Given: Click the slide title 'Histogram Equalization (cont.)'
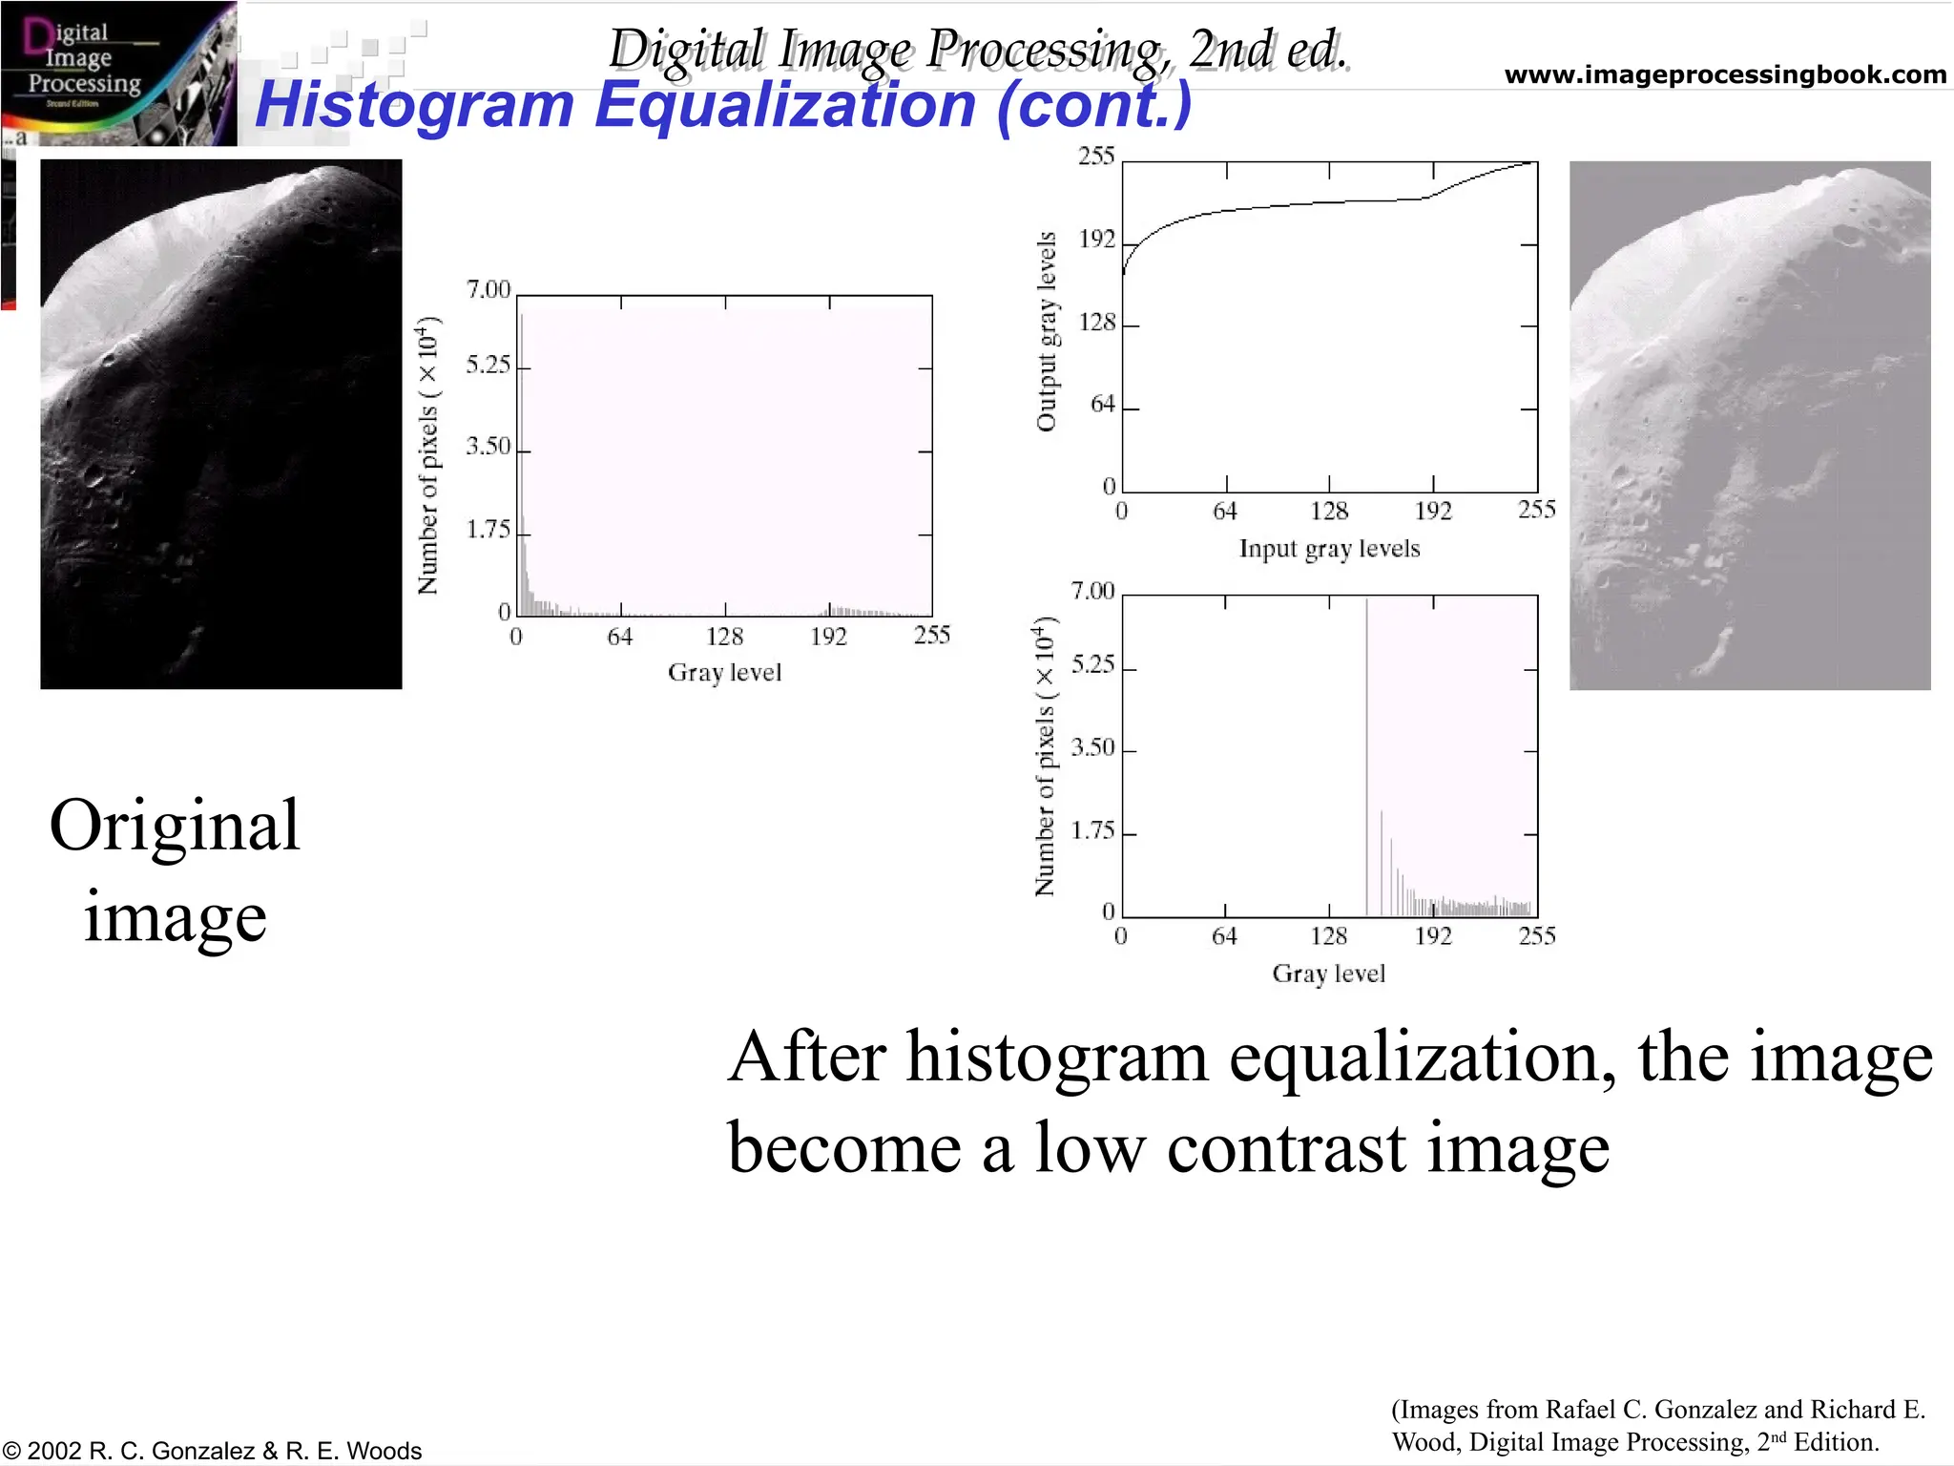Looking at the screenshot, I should pyautogui.click(x=723, y=104).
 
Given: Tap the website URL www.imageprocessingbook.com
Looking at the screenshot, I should pyautogui.click(x=1724, y=74).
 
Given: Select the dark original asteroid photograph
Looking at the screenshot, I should pyautogui.click(x=220, y=424).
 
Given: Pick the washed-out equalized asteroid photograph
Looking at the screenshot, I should pyautogui.click(x=1749, y=426).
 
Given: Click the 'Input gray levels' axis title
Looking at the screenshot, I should pyautogui.click(x=1329, y=549).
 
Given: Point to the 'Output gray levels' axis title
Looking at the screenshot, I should pyautogui.click(x=1047, y=331).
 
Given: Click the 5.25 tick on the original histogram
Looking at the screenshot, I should pyautogui.click(x=488, y=366).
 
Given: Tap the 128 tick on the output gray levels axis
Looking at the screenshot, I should pyautogui.click(x=1096, y=323).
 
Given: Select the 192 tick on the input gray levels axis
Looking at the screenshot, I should pyautogui.click(x=1433, y=512).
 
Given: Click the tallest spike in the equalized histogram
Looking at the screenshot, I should pyautogui.click(x=1366, y=754).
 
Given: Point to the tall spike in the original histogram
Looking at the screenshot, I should pyautogui.click(x=522, y=458).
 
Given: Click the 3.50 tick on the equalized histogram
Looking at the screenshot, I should pyautogui.click(x=1092, y=747).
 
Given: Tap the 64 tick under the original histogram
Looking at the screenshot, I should pyautogui.click(x=620, y=637).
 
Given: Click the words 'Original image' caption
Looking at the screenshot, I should pyautogui.click(x=175, y=869).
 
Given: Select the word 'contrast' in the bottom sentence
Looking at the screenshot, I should pyautogui.click(x=1287, y=1147).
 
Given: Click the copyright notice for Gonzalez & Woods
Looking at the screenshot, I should pyautogui.click(x=212, y=1451).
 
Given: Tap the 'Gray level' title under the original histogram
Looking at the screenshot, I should pyautogui.click(x=724, y=673).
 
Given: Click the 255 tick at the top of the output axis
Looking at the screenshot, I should pyautogui.click(x=1096, y=157).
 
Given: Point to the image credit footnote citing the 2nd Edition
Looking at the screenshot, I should pyautogui.click(x=1658, y=1425).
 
